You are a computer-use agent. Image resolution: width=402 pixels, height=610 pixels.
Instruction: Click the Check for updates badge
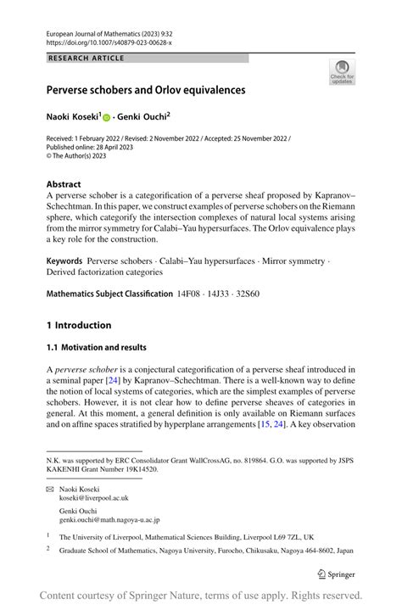pos(341,71)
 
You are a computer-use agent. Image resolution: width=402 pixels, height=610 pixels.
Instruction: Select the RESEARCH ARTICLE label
pos(87,58)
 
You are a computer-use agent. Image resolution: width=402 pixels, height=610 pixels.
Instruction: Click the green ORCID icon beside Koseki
pos(131,117)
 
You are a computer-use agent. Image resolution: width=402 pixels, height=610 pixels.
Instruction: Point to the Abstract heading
pos(64,184)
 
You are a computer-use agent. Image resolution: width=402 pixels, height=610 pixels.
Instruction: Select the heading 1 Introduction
pos(79,325)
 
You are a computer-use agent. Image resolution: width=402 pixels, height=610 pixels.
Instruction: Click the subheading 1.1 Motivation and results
pos(96,347)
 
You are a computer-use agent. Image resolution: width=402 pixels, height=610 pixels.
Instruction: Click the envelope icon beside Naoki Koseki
pos(50,490)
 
